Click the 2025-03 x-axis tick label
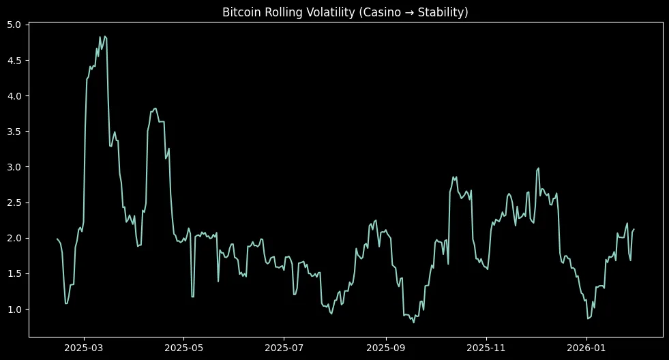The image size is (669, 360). click(x=84, y=348)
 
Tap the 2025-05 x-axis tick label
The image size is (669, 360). click(x=184, y=348)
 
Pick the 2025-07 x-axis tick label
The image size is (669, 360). click(x=284, y=348)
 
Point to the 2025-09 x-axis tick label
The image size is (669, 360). click(x=386, y=348)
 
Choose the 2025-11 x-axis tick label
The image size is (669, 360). click(x=486, y=348)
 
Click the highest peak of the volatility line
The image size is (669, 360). click(x=104, y=36)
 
